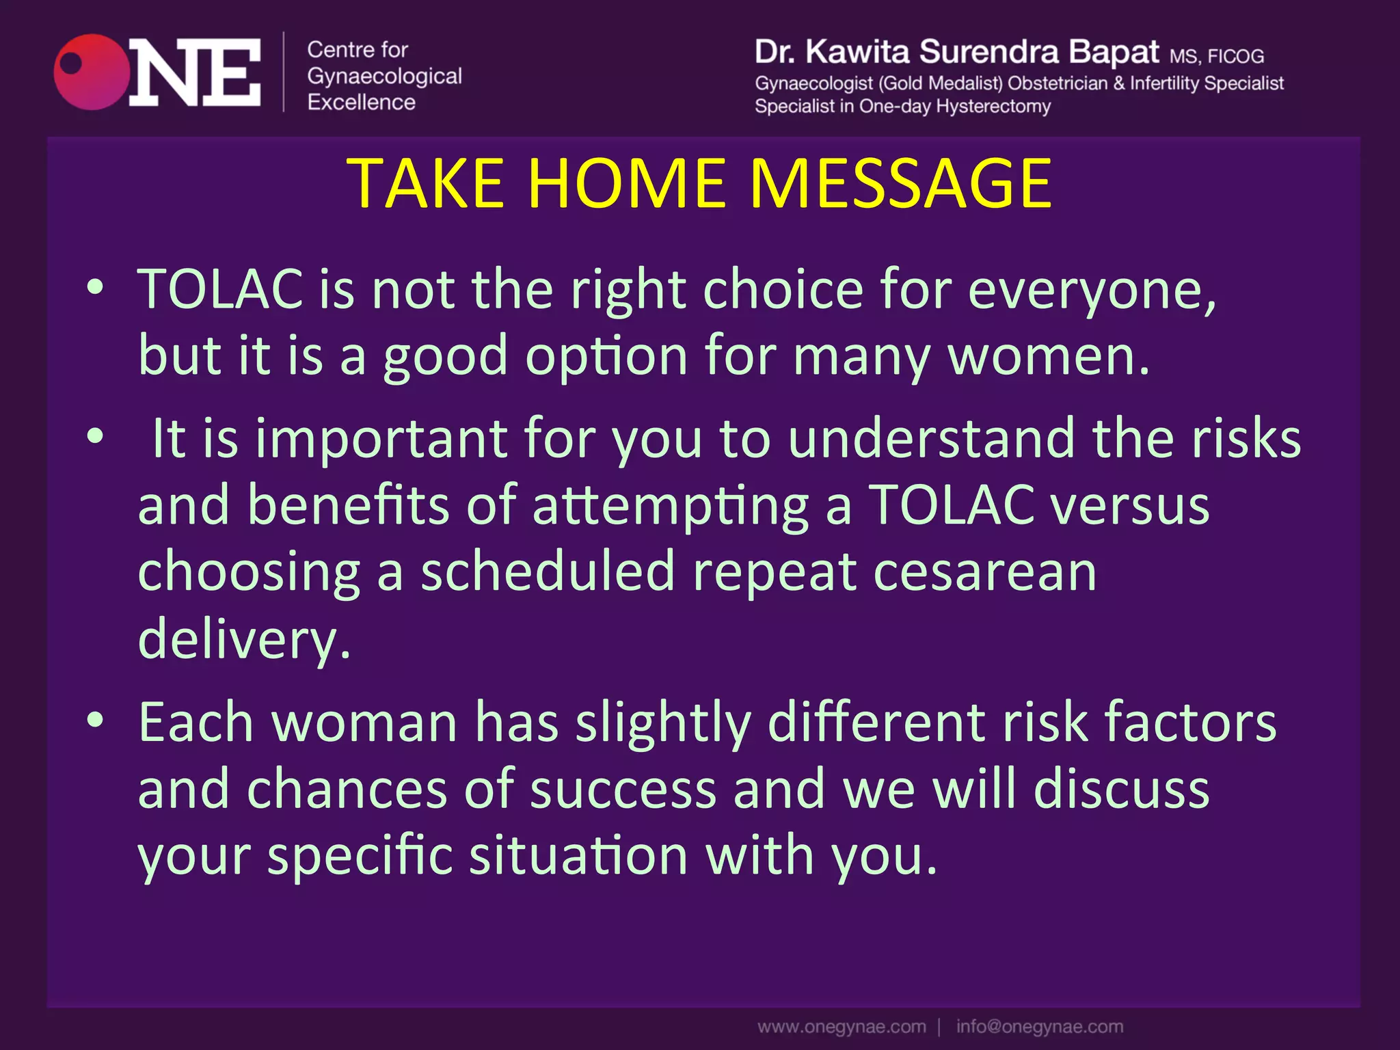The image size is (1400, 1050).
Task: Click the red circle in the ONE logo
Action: pos(92,72)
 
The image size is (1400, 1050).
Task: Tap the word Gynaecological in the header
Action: pos(384,76)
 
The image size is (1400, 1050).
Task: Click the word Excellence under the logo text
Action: pos(361,103)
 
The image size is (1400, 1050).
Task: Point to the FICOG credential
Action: pos(1236,56)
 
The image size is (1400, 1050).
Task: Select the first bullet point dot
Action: pos(95,287)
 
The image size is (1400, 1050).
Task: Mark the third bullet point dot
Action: pos(95,719)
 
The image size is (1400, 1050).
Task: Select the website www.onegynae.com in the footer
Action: pos(842,1027)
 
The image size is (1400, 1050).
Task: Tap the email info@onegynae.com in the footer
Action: pos(1039,1027)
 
